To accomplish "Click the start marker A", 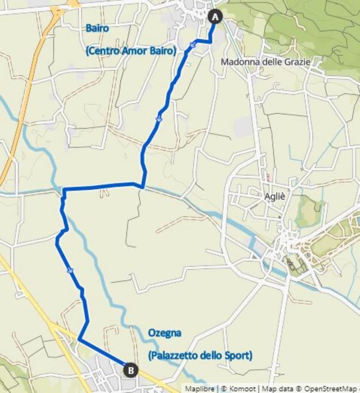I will click(x=215, y=17).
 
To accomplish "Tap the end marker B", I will click(x=131, y=370).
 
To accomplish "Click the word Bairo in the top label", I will click(x=97, y=29).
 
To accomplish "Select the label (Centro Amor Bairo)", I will click(x=131, y=51).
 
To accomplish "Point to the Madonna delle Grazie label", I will click(x=265, y=62).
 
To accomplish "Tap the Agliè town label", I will click(x=275, y=196).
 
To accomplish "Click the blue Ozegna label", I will click(x=164, y=333).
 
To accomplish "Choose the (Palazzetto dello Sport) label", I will click(x=200, y=356).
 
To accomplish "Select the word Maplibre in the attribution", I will click(x=200, y=389).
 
